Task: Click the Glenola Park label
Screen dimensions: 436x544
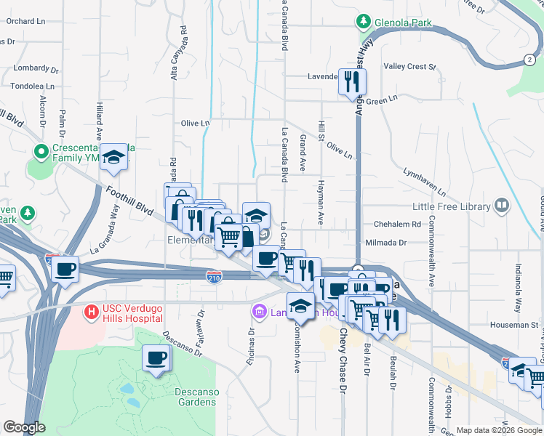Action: point(403,23)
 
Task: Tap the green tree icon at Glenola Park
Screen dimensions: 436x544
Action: point(364,22)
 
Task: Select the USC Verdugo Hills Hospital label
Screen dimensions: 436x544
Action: point(132,313)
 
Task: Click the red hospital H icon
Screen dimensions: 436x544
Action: point(91,312)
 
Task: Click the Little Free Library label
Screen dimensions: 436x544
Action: point(452,206)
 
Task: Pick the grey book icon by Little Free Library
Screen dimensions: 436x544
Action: point(501,206)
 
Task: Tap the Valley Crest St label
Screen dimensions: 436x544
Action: point(409,67)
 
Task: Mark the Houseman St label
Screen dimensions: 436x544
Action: point(518,325)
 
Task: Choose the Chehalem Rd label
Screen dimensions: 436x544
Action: point(397,225)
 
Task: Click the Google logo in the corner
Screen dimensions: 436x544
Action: point(25,427)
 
